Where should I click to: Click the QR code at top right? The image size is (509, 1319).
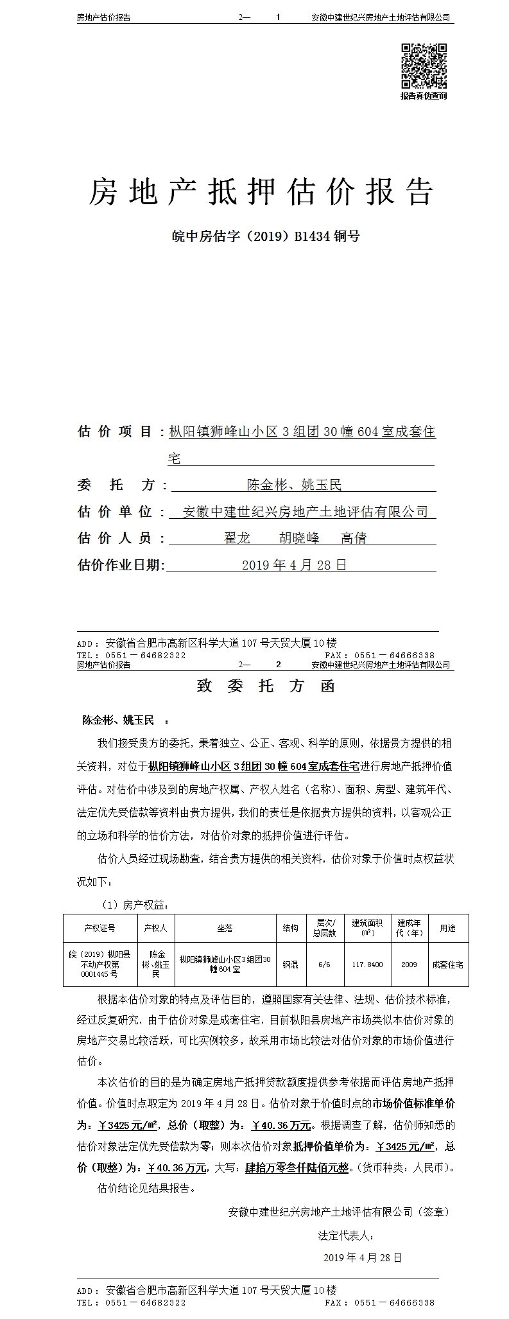pyautogui.click(x=424, y=66)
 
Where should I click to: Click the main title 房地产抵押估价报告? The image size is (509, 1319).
pyautogui.click(x=261, y=191)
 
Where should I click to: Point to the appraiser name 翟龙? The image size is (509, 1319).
pyautogui.click(x=236, y=538)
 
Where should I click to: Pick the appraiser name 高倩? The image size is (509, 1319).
pyautogui.click(x=353, y=538)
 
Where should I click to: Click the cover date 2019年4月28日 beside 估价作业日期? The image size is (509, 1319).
pyautogui.click(x=294, y=565)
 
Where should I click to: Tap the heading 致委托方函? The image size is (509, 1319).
pyautogui.click(x=266, y=686)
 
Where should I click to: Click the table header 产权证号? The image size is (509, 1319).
pyautogui.click(x=99, y=928)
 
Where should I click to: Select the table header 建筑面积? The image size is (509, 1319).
pyautogui.click(x=367, y=927)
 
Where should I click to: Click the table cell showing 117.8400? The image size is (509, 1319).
pyautogui.click(x=367, y=965)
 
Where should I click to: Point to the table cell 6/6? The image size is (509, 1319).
pyautogui.click(x=324, y=965)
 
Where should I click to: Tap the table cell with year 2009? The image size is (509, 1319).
pyautogui.click(x=409, y=965)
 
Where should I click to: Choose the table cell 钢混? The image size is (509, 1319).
pyautogui.click(x=290, y=965)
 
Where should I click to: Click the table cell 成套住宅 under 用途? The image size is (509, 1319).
pyautogui.click(x=447, y=965)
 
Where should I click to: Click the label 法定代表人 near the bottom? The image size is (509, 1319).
pyautogui.click(x=345, y=1236)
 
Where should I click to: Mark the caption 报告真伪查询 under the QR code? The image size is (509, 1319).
pyautogui.click(x=424, y=96)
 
